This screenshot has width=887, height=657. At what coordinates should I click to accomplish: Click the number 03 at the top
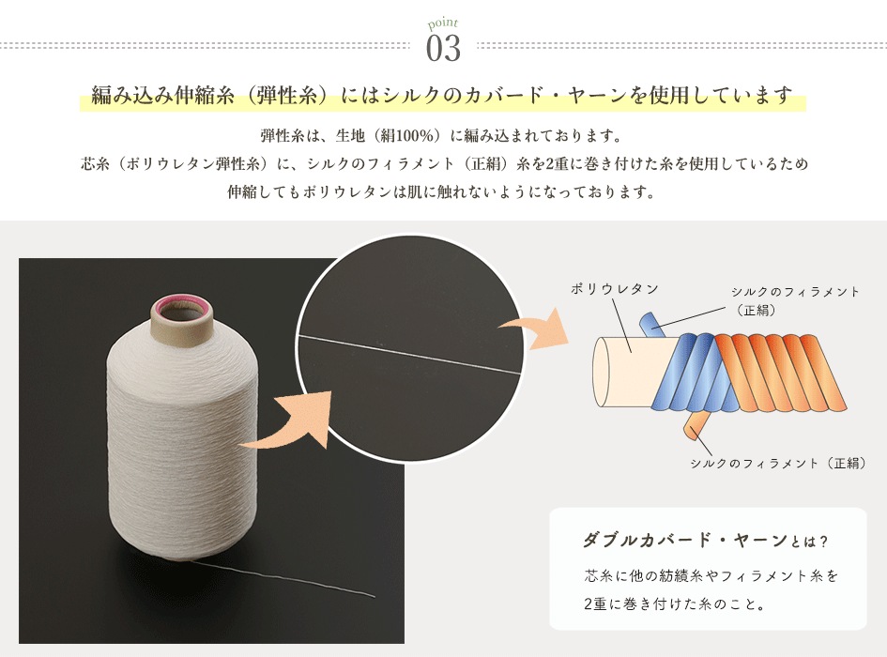(x=443, y=48)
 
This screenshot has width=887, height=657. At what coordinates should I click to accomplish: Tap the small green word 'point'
(x=443, y=23)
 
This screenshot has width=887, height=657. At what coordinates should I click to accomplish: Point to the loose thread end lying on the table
(x=283, y=578)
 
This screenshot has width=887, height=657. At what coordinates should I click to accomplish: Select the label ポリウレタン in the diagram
(x=615, y=288)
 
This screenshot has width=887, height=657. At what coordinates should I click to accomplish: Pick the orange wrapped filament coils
(x=781, y=372)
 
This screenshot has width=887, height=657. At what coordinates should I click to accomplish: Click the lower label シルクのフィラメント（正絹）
(x=778, y=463)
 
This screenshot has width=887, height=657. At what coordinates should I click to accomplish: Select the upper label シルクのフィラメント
(x=795, y=292)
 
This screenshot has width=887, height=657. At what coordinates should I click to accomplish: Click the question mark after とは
(x=823, y=542)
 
